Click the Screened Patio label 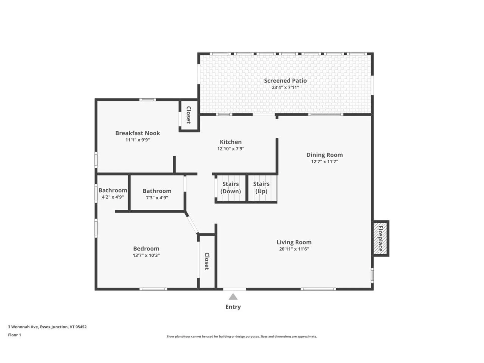click(x=285, y=81)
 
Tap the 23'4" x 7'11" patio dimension click(x=285, y=87)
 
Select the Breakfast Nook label click(x=138, y=133)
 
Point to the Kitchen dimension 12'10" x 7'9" click(x=231, y=149)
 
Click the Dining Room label click(x=324, y=155)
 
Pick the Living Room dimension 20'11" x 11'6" click(x=294, y=249)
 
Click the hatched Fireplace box click(x=380, y=238)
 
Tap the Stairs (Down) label click(x=231, y=188)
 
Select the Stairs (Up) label click(x=261, y=188)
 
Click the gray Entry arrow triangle click(x=233, y=297)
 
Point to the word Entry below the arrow click(x=233, y=307)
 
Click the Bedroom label click(x=146, y=249)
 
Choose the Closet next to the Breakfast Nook click(x=189, y=115)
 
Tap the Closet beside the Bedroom click(x=207, y=261)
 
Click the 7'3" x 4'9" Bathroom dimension click(x=157, y=198)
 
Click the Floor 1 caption click(x=15, y=335)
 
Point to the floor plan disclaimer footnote click(x=242, y=337)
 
